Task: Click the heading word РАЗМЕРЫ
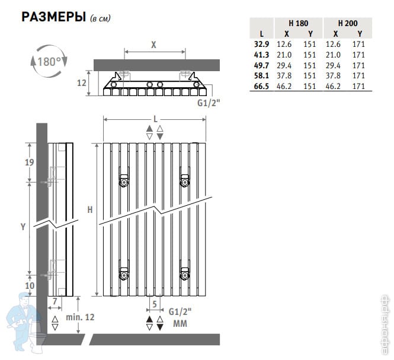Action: point(53,17)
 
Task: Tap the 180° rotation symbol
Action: point(49,61)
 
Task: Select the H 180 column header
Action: point(298,23)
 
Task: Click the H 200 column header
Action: point(348,23)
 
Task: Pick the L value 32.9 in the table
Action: point(261,44)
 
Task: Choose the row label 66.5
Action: point(261,86)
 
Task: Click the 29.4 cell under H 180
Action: point(284,66)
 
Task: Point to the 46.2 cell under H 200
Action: point(333,86)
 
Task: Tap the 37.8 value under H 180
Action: point(284,76)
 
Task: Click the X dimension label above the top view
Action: point(153,45)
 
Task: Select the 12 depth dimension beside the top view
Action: point(81,83)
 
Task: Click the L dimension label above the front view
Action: point(156,119)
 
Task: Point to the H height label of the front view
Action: point(90,209)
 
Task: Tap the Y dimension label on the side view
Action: point(23,227)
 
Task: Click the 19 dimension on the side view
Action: point(30,163)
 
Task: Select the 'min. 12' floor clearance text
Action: point(80,317)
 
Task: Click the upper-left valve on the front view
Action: point(124,181)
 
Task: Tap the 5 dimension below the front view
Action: point(155,304)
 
